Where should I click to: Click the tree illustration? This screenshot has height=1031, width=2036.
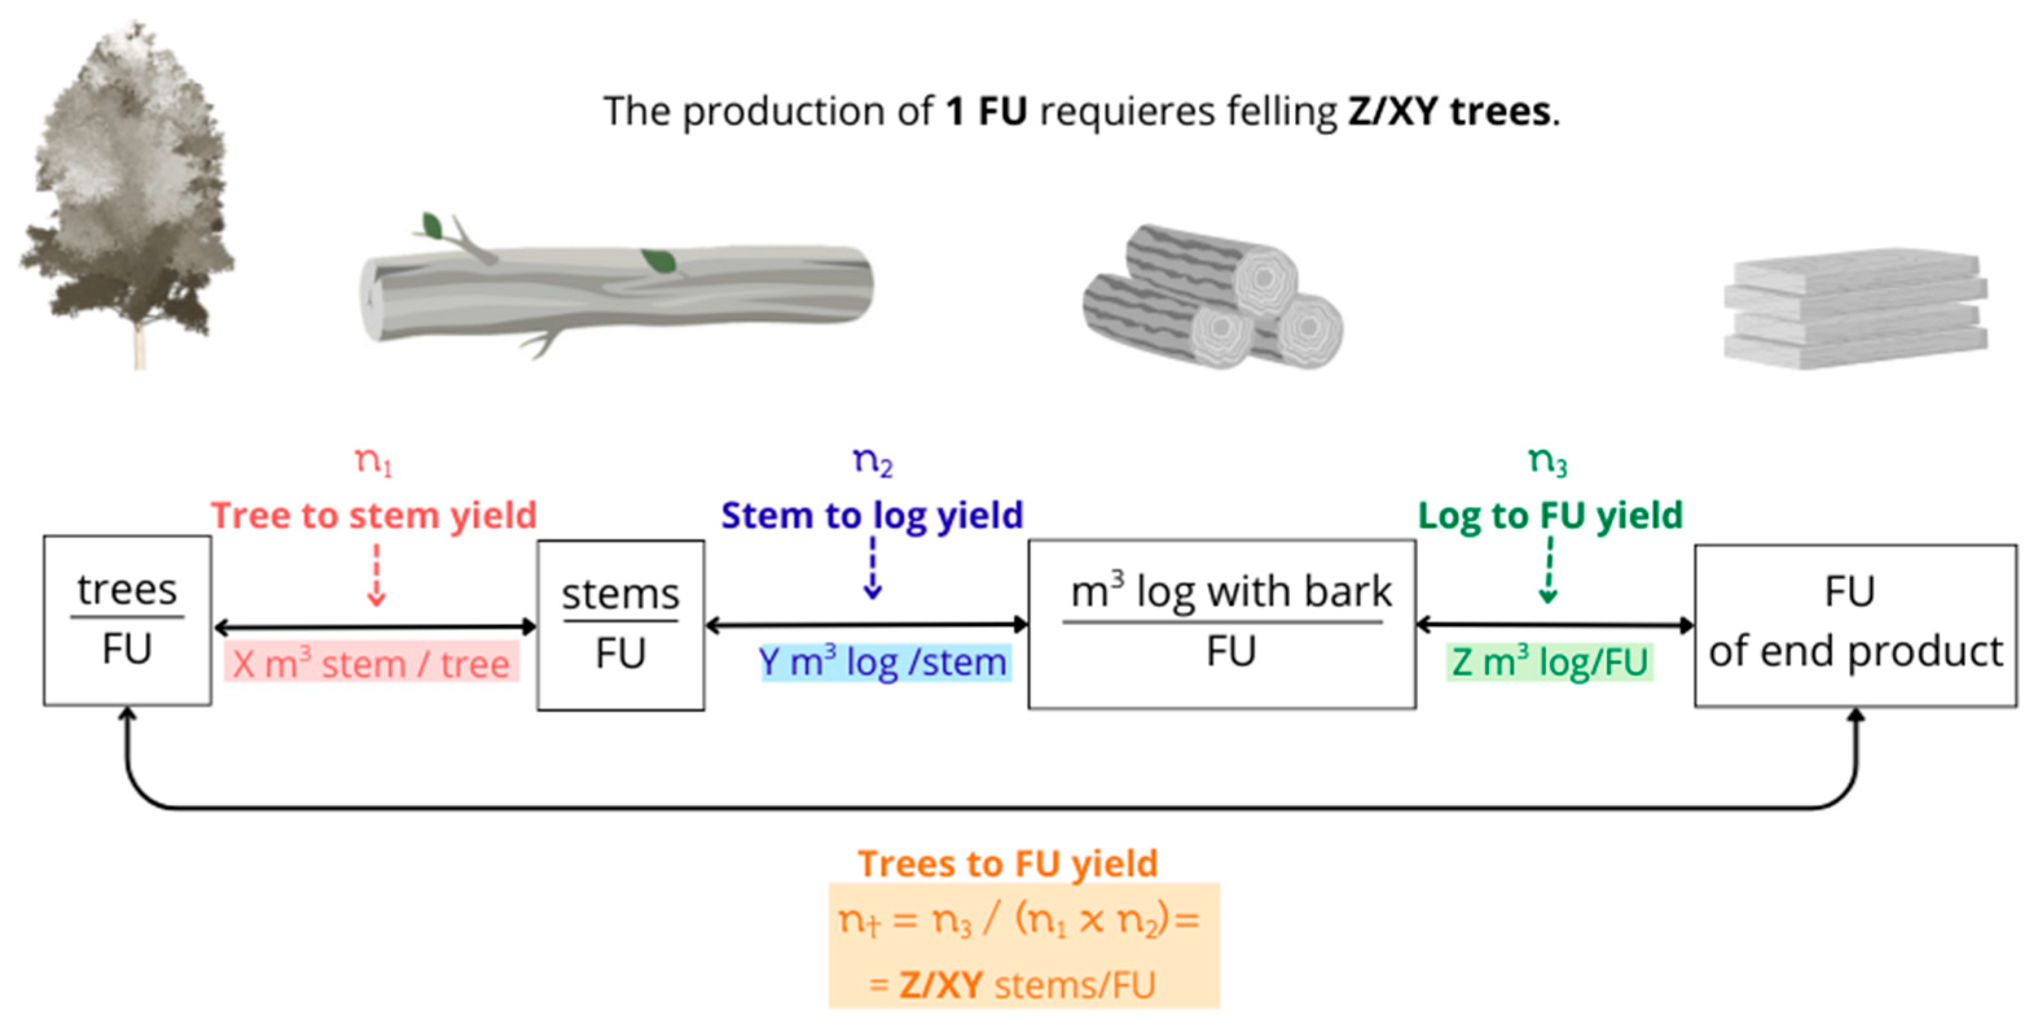point(126,197)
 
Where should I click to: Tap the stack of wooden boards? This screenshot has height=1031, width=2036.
point(1853,308)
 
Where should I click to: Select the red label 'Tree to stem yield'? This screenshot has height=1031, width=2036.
point(374,515)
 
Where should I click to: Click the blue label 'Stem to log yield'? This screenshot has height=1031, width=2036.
point(872,515)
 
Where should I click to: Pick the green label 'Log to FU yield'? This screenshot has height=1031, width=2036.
point(1550,515)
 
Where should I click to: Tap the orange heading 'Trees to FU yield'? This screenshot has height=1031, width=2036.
point(1008,863)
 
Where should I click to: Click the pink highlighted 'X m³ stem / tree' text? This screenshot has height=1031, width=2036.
point(371,663)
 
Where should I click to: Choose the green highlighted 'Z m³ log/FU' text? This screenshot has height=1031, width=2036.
point(1550,663)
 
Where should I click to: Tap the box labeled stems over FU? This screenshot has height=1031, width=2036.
point(621,625)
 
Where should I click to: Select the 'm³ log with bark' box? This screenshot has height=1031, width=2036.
point(1222,625)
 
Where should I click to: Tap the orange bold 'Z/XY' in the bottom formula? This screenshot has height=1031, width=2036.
point(940,985)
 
